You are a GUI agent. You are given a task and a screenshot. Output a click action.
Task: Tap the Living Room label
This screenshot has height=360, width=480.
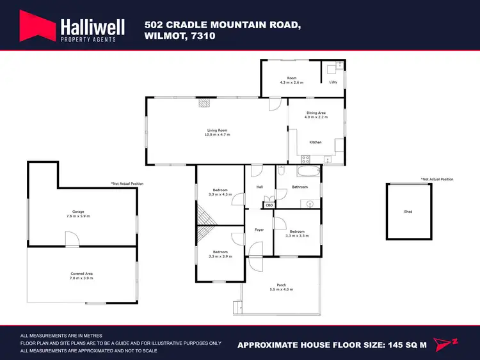point(217,130)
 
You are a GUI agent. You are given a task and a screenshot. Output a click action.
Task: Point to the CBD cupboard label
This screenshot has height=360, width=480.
point(269,206)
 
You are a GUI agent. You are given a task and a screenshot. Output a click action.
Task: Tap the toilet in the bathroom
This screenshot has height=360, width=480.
point(281,170)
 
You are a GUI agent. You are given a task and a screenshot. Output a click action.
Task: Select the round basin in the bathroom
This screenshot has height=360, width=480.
point(310,204)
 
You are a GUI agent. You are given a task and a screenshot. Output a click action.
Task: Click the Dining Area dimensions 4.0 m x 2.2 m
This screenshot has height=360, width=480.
point(316,117)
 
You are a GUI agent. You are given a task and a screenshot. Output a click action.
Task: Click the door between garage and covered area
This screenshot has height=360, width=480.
point(72,240)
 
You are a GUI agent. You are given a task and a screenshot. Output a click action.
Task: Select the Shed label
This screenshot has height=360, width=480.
point(408,211)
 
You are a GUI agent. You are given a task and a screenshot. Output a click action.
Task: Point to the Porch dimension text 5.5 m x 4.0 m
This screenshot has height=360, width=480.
point(281,289)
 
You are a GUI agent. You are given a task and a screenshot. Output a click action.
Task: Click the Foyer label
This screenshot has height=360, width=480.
point(259,230)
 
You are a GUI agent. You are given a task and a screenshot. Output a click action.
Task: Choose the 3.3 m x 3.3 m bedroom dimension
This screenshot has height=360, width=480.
point(298,236)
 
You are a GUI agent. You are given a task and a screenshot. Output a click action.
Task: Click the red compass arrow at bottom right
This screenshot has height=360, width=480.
point(445,344)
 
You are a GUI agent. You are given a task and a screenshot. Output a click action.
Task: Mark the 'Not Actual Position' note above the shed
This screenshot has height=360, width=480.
point(436,179)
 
